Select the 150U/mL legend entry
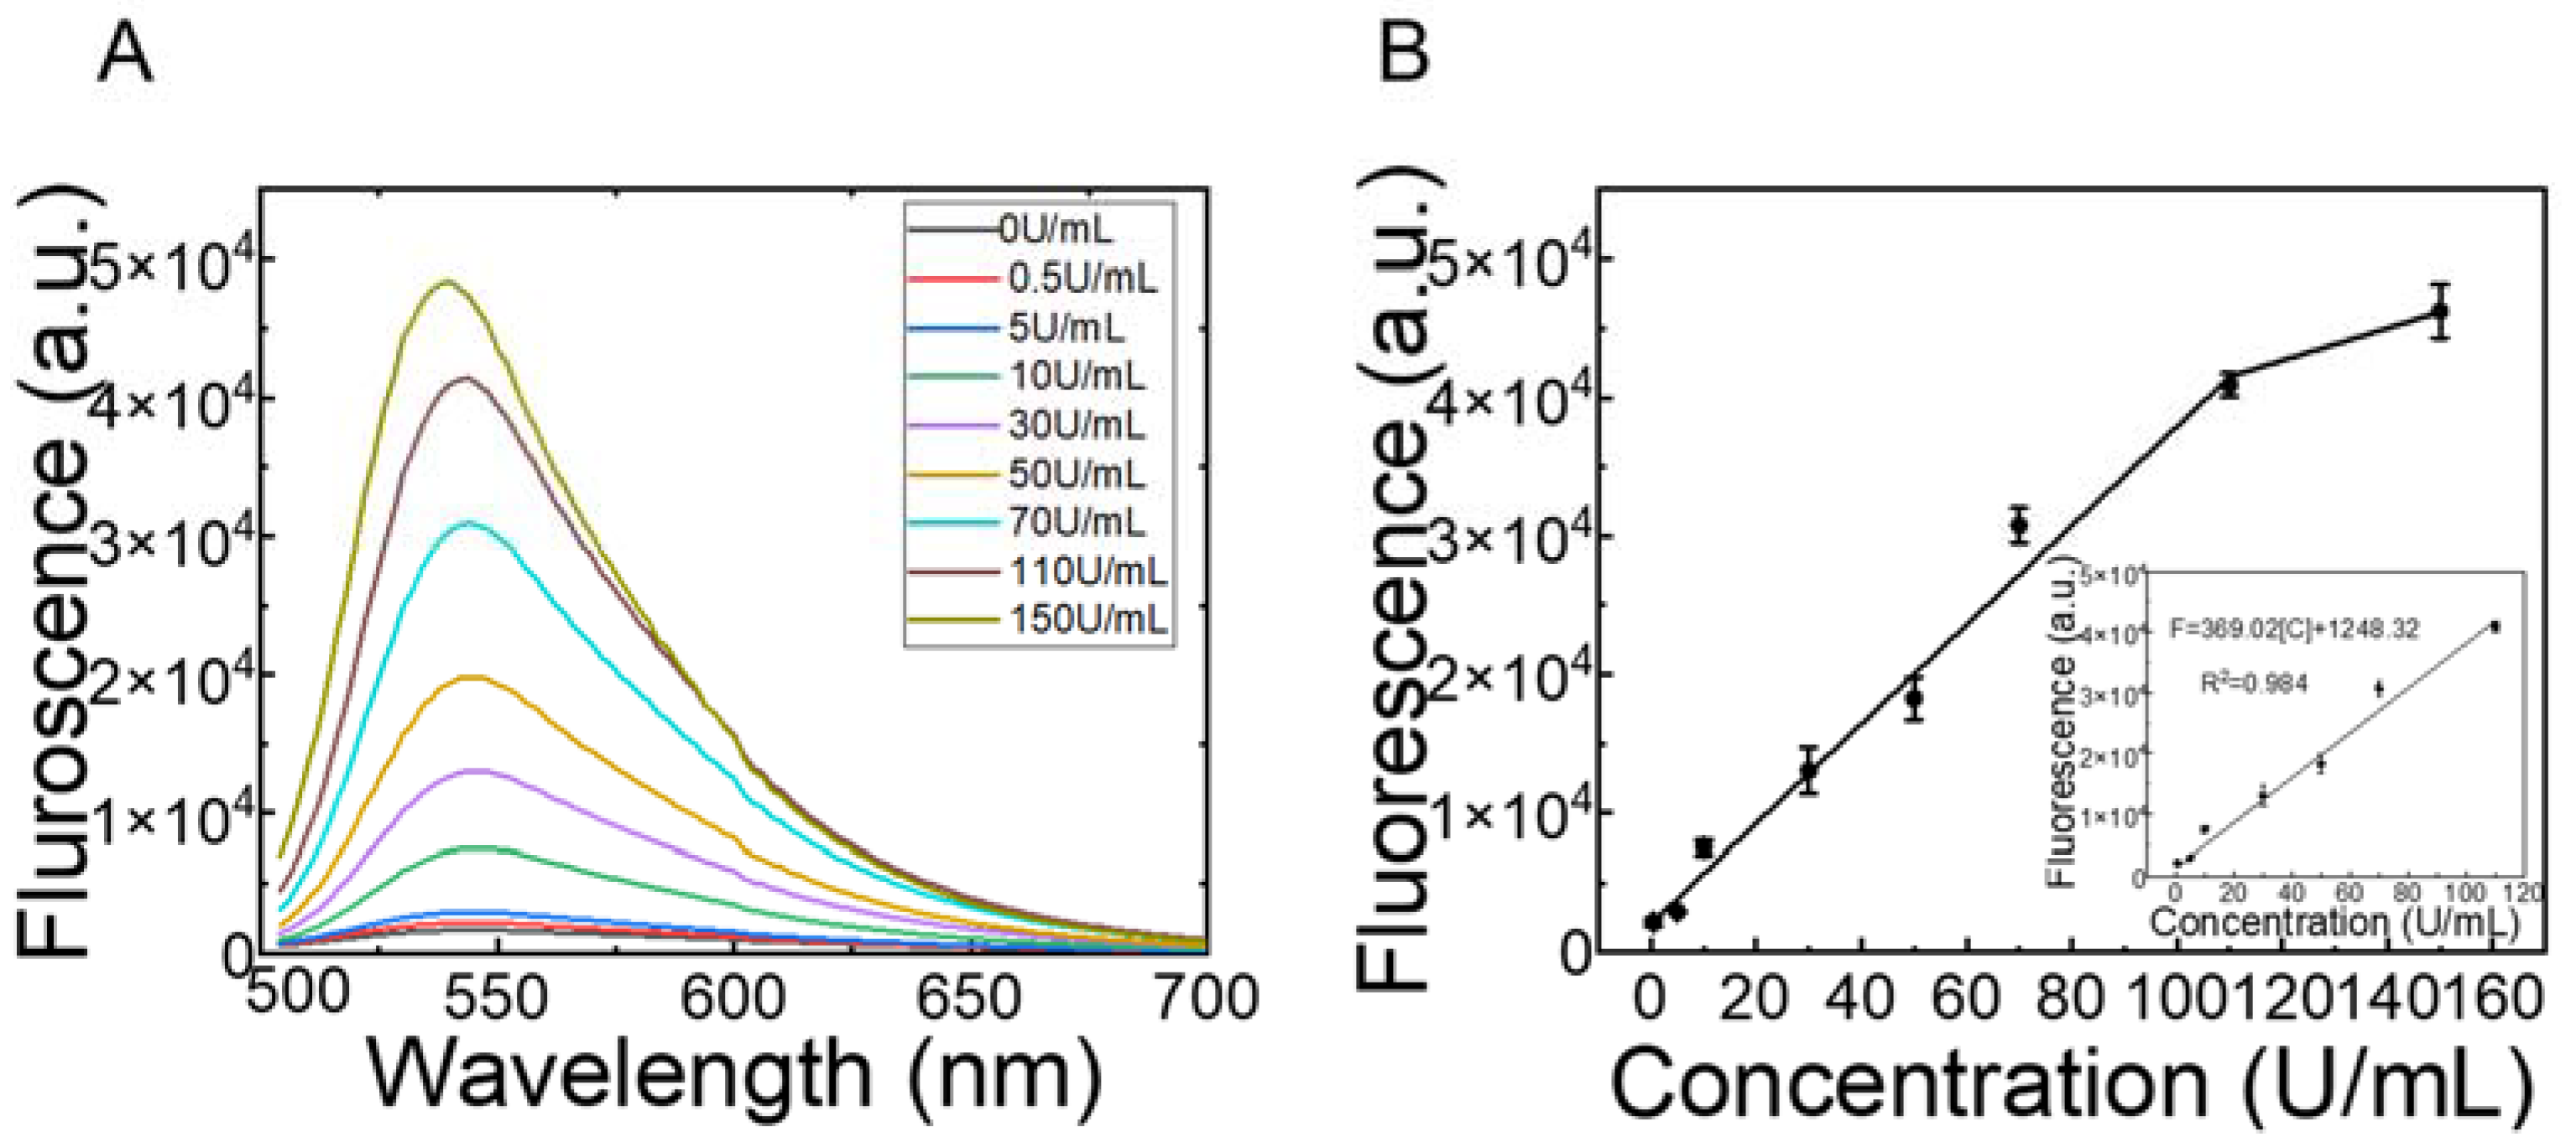click(1087, 620)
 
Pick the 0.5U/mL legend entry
click(1082, 278)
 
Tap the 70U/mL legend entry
click(1077, 522)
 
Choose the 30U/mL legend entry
click(1077, 425)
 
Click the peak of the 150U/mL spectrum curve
click(447, 282)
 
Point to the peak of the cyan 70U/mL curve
click(468, 522)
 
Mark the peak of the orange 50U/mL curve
click(474, 678)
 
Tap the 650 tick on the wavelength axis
click(968, 998)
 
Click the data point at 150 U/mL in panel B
click(2439, 312)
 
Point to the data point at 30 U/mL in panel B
click(1809, 769)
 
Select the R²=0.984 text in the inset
click(2253, 684)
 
